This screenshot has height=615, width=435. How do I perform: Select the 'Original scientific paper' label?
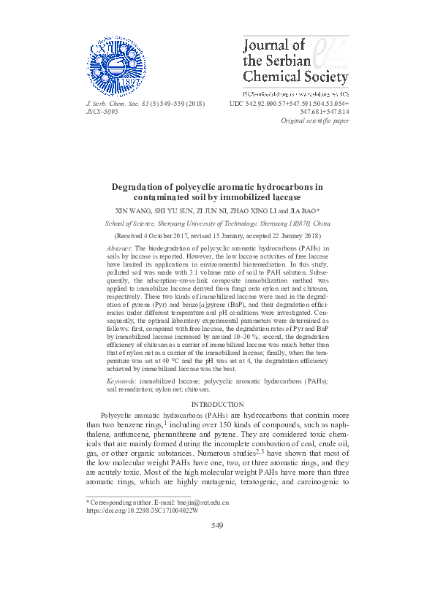pyautogui.click(x=315, y=121)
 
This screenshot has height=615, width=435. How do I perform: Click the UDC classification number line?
pyautogui.click(x=289, y=104)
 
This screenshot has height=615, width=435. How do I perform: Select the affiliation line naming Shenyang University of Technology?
pyautogui.click(x=217, y=224)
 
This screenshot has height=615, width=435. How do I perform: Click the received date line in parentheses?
pyautogui.click(x=217, y=237)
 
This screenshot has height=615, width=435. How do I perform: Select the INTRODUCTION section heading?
pyautogui.click(x=217, y=404)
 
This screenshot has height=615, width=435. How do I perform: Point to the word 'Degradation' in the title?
pyautogui.click(x=140, y=187)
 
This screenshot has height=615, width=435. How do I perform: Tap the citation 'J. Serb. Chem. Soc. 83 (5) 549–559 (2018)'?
pyautogui.click(x=145, y=104)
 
